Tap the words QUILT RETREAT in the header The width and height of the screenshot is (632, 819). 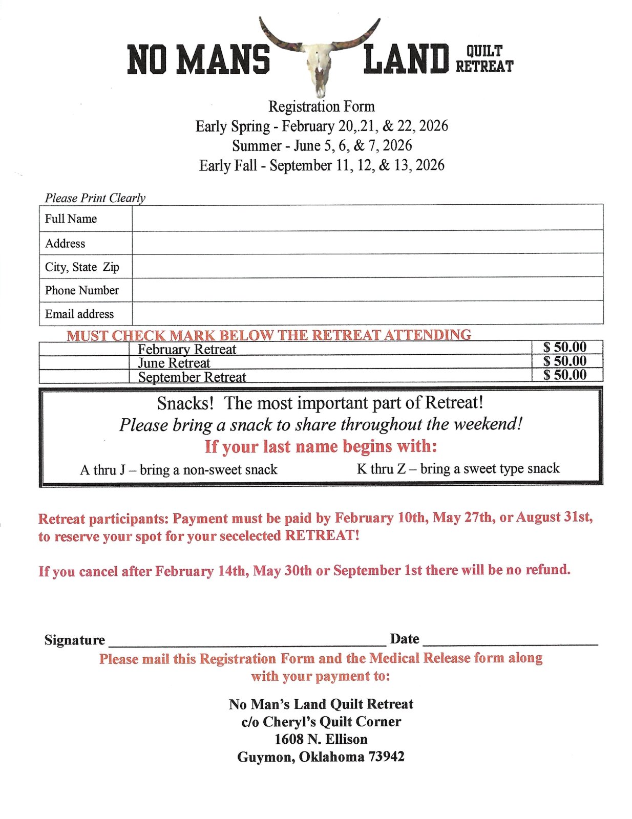(x=484, y=59)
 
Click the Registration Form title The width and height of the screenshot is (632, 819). (x=321, y=106)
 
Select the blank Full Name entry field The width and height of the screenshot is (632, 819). (x=367, y=218)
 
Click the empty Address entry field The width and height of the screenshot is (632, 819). (x=367, y=242)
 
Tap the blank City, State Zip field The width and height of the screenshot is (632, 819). (x=367, y=266)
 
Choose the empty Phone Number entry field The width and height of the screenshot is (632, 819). (x=367, y=290)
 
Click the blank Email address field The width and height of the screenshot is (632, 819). (x=367, y=313)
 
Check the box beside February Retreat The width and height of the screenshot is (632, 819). (x=84, y=349)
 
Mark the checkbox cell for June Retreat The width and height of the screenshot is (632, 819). (x=84, y=362)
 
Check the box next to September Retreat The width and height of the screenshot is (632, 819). (x=84, y=376)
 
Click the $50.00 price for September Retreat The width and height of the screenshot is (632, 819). (x=565, y=375)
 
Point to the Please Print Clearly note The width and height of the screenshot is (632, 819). (x=95, y=198)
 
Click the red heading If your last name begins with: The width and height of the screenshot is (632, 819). (x=321, y=446)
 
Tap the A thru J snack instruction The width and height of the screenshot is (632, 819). (x=179, y=469)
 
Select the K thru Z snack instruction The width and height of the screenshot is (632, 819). (x=458, y=468)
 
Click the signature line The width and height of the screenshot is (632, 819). (x=247, y=641)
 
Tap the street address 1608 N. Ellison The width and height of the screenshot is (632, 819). (x=321, y=739)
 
